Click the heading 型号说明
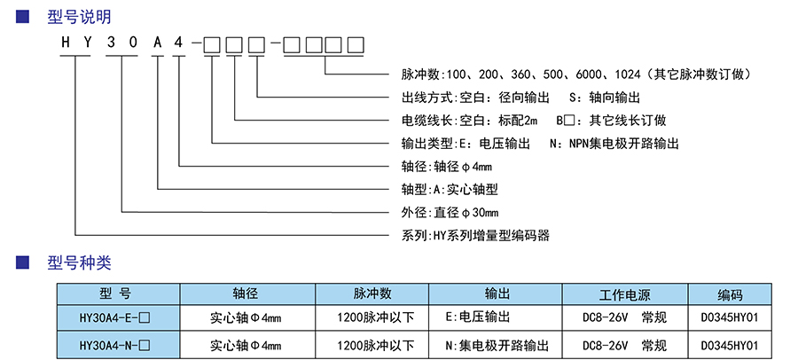tap(79, 17)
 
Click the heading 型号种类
tap(79, 262)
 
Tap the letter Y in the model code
tap(88, 43)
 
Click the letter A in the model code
tap(157, 43)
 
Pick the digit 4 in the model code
tap(180, 43)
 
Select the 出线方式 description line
tap(515, 97)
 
